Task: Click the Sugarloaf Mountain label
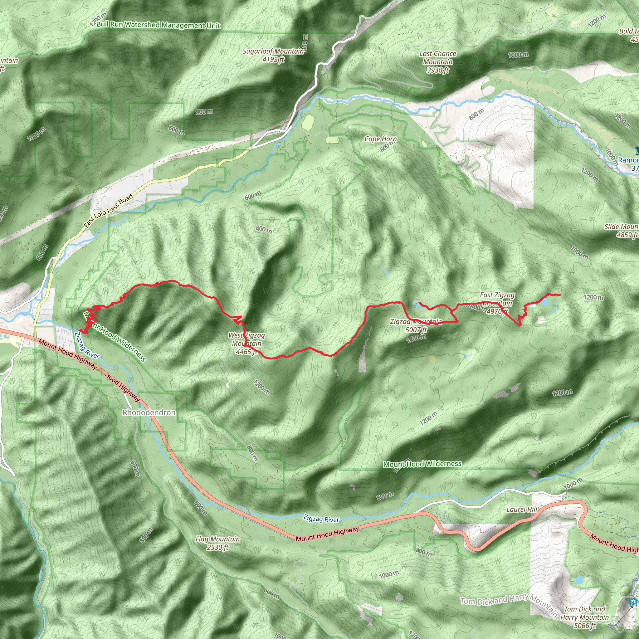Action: (x=273, y=51)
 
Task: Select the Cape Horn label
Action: (x=380, y=139)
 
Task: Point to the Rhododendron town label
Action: (x=149, y=412)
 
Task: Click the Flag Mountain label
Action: (x=218, y=539)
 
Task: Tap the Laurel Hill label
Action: (x=522, y=509)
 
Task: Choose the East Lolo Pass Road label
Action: (x=108, y=211)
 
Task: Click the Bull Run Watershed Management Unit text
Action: (x=159, y=25)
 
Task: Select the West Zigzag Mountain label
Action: (x=247, y=339)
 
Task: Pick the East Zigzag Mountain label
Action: (x=497, y=299)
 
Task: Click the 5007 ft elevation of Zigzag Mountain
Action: (x=417, y=330)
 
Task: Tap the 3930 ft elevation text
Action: (x=437, y=70)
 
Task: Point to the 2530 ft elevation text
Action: (x=218, y=547)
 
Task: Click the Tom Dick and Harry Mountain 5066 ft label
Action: (x=584, y=617)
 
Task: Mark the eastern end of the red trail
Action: (x=560, y=294)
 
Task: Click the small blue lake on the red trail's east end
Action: (x=544, y=302)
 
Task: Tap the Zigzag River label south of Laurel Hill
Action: (x=321, y=519)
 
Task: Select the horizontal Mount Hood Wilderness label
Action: (x=422, y=464)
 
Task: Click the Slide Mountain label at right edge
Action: (x=621, y=227)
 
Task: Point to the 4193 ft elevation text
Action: (x=274, y=60)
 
